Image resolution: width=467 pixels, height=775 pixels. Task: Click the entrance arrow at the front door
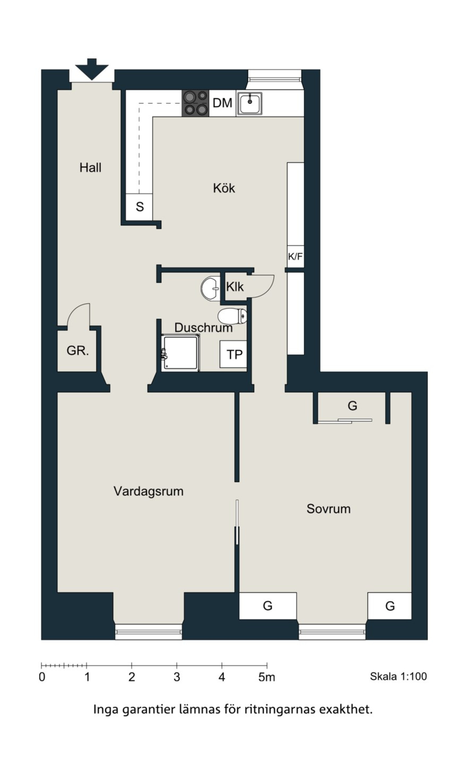point(92,69)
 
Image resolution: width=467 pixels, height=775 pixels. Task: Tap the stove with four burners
point(196,103)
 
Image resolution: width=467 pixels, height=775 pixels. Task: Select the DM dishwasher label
point(222,103)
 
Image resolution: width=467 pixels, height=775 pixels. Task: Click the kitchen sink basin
point(250,103)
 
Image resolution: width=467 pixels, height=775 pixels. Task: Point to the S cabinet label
point(140,207)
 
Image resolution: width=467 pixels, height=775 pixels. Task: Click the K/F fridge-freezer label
point(295,257)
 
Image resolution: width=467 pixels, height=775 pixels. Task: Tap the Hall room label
point(90,168)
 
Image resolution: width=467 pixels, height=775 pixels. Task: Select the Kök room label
point(224,188)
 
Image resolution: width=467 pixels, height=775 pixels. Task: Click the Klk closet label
point(235,287)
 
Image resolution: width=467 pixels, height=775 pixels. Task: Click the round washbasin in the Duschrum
point(211,288)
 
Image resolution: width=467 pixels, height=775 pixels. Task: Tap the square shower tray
point(180,353)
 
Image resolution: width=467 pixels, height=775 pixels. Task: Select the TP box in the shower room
point(233,354)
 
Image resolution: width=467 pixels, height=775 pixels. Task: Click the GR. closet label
point(77,351)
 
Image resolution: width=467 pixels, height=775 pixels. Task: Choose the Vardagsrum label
point(148,491)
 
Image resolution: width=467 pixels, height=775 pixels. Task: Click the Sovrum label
point(328,509)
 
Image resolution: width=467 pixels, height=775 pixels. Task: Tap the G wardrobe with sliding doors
point(352,408)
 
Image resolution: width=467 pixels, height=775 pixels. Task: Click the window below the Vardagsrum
point(148,632)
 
